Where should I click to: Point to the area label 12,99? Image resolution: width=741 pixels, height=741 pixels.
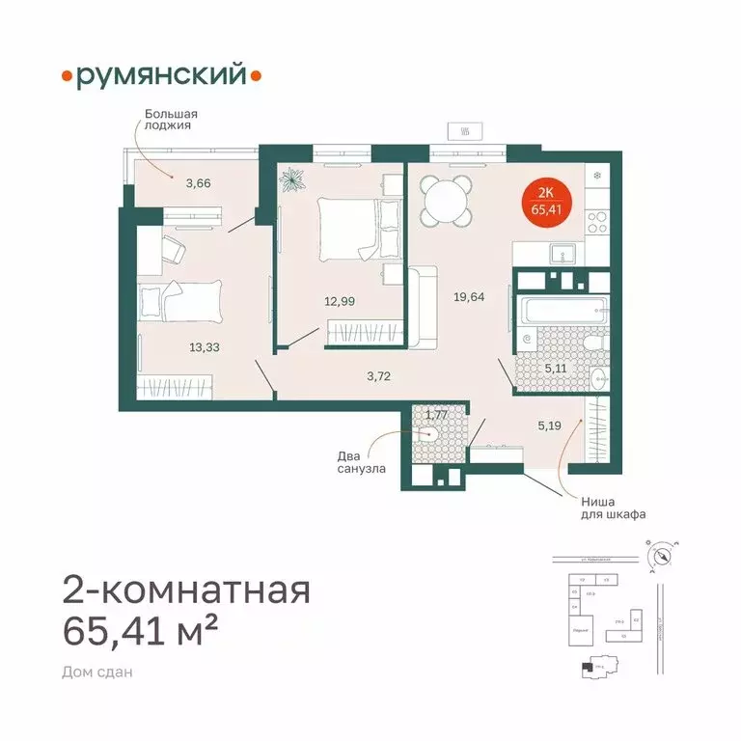click(x=339, y=300)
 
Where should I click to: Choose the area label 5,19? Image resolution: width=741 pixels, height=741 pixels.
click(x=550, y=422)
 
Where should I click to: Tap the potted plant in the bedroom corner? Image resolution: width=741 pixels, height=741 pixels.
click(x=291, y=179)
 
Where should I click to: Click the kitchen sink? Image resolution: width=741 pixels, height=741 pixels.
click(x=562, y=254)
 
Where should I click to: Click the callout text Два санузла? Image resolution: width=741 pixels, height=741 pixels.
click(x=363, y=462)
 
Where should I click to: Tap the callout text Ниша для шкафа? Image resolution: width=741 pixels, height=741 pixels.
click(x=611, y=508)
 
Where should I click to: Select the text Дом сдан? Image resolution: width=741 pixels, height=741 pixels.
click(x=96, y=672)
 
